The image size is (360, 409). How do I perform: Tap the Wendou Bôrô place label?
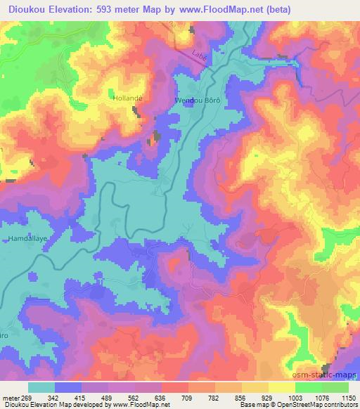point(198,101)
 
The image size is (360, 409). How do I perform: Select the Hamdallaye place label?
point(27,239)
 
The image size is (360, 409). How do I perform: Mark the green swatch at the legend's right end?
point(335,387)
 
